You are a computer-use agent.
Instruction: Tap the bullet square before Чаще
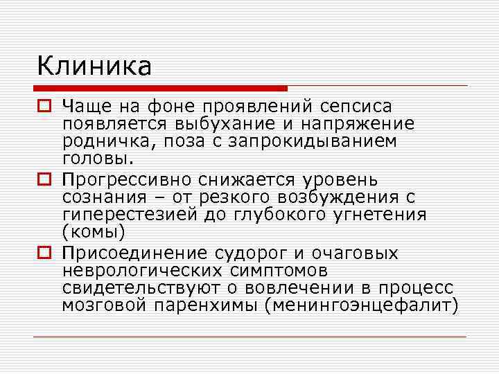(44, 107)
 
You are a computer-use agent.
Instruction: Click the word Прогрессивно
(126, 180)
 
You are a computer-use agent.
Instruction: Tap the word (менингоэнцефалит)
(361, 305)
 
